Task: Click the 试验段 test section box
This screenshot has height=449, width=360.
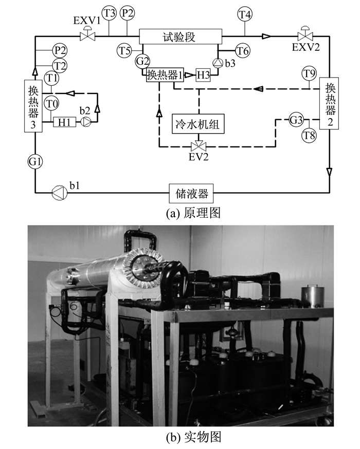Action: click(181, 36)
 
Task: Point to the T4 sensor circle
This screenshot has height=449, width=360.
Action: click(245, 14)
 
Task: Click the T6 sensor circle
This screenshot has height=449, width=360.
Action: click(242, 51)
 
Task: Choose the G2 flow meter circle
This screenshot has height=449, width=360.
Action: click(142, 61)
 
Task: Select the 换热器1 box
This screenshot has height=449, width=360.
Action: click(165, 75)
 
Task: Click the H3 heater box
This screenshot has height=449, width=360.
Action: click(203, 75)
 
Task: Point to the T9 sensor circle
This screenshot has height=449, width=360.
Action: click(309, 74)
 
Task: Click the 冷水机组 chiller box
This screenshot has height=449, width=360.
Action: click(197, 124)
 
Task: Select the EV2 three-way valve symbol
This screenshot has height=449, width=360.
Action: click(198, 146)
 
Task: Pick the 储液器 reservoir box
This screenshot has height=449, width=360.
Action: click(191, 193)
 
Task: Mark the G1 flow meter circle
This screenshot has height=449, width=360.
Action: click(35, 162)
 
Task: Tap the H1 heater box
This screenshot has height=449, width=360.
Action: click(64, 122)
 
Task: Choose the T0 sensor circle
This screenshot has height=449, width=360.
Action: click(51, 104)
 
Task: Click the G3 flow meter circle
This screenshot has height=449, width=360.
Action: click(296, 119)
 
